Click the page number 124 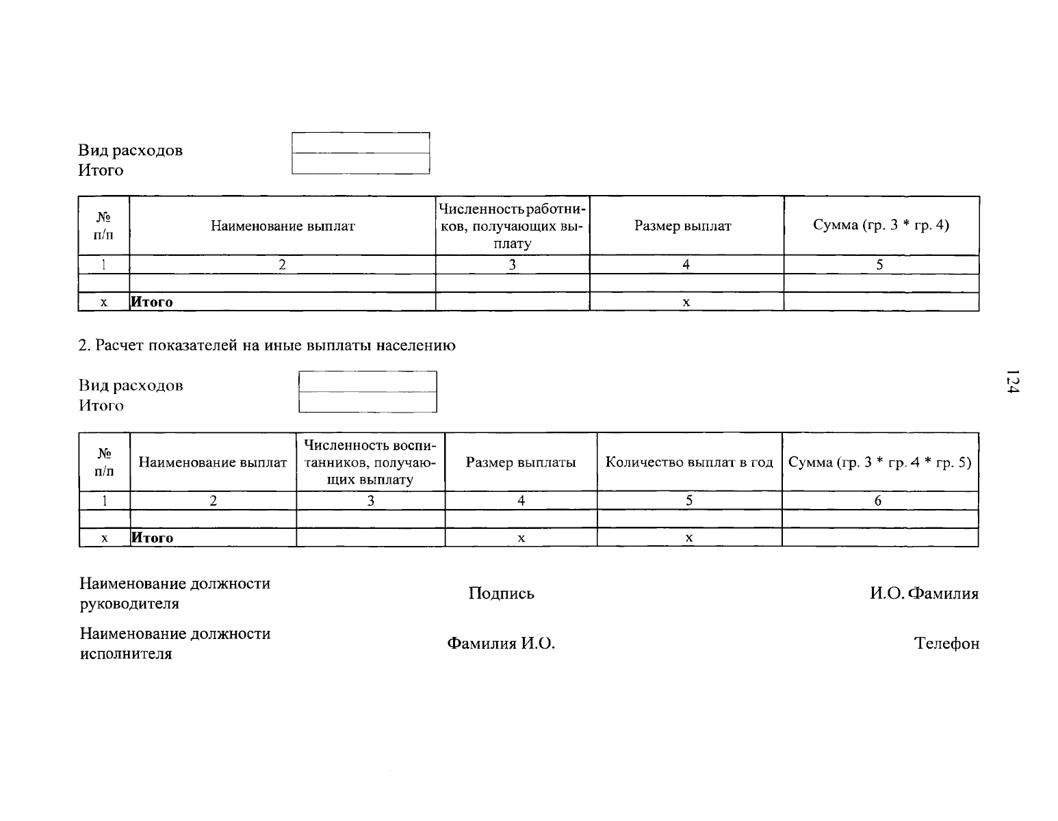(1012, 381)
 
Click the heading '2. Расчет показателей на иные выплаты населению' (267, 345)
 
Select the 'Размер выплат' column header (682, 226)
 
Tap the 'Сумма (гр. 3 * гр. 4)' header (881, 225)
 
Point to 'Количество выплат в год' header (689, 462)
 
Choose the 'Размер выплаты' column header (521, 462)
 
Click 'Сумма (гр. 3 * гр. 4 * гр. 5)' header (879, 462)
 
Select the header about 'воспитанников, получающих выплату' (370, 462)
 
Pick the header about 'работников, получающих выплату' (512, 226)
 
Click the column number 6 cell (878, 500)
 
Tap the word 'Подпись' (501, 593)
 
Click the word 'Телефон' (946, 643)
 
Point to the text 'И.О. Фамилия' (924, 593)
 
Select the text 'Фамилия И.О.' (501, 643)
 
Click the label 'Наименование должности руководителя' (175, 593)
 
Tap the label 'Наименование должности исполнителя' (175, 643)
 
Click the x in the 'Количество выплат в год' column (689, 538)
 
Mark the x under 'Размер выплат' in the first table (686, 302)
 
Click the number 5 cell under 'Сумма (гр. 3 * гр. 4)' (879, 264)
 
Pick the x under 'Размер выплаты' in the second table (521, 538)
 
